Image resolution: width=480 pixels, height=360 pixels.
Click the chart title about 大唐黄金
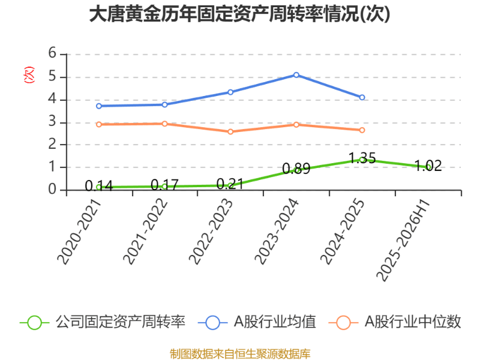point(239,14)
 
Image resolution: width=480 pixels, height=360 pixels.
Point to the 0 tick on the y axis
point(53,190)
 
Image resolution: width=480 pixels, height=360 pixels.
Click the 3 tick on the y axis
point(53,122)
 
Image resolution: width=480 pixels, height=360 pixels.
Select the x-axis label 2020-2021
point(79,232)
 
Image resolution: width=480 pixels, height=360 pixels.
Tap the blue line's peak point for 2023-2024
point(296,74)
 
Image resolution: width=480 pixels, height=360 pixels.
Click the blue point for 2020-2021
point(99,106)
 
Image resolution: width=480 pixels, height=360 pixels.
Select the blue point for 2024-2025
point(362,97)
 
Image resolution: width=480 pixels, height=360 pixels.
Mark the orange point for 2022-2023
point(230,131)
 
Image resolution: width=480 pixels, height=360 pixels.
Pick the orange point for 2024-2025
point(362,130)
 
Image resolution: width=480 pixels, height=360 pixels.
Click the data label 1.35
point(362,158)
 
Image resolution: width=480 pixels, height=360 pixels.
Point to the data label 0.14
point(99,186)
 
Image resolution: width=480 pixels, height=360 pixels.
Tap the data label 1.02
point(428,166)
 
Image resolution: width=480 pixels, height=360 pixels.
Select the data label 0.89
point(296,169)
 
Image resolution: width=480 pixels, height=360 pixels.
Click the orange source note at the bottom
point(240,353)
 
